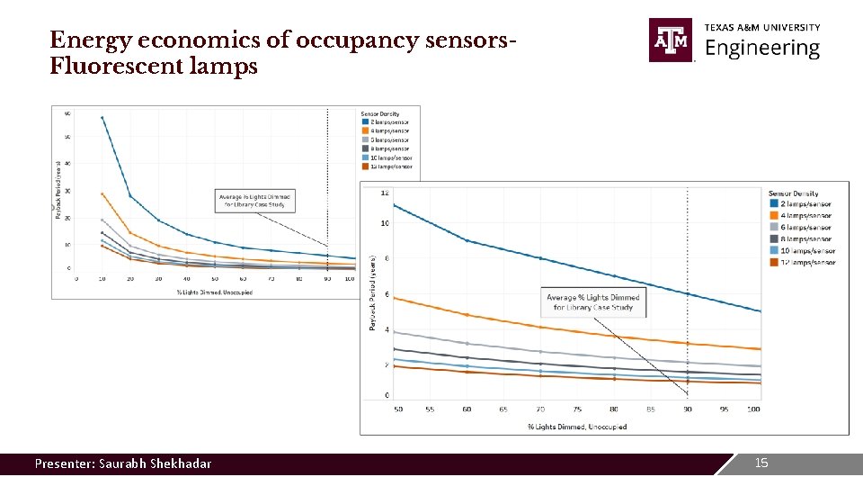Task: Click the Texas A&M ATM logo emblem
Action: click(x=671, y=40)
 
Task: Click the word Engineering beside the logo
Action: click(x=762, y=49)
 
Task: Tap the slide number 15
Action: click(x=761, y=463)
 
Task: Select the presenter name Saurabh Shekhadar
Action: click(x=123, y=463)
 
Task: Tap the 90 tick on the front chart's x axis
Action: click(x=688, y=409)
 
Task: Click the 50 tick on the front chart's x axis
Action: click(x=397, y=409)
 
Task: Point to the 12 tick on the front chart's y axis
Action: click(x=385, y=193)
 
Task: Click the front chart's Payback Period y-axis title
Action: click(x=372, y=292)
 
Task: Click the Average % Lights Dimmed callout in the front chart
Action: click(x=594, y=302)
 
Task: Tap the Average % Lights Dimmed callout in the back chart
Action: click(x=256, y=200)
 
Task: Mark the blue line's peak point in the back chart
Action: click(x=102, y=118)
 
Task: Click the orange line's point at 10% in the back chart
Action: click(x=102, y=193)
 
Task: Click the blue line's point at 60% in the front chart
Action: click(x=466, y=240)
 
